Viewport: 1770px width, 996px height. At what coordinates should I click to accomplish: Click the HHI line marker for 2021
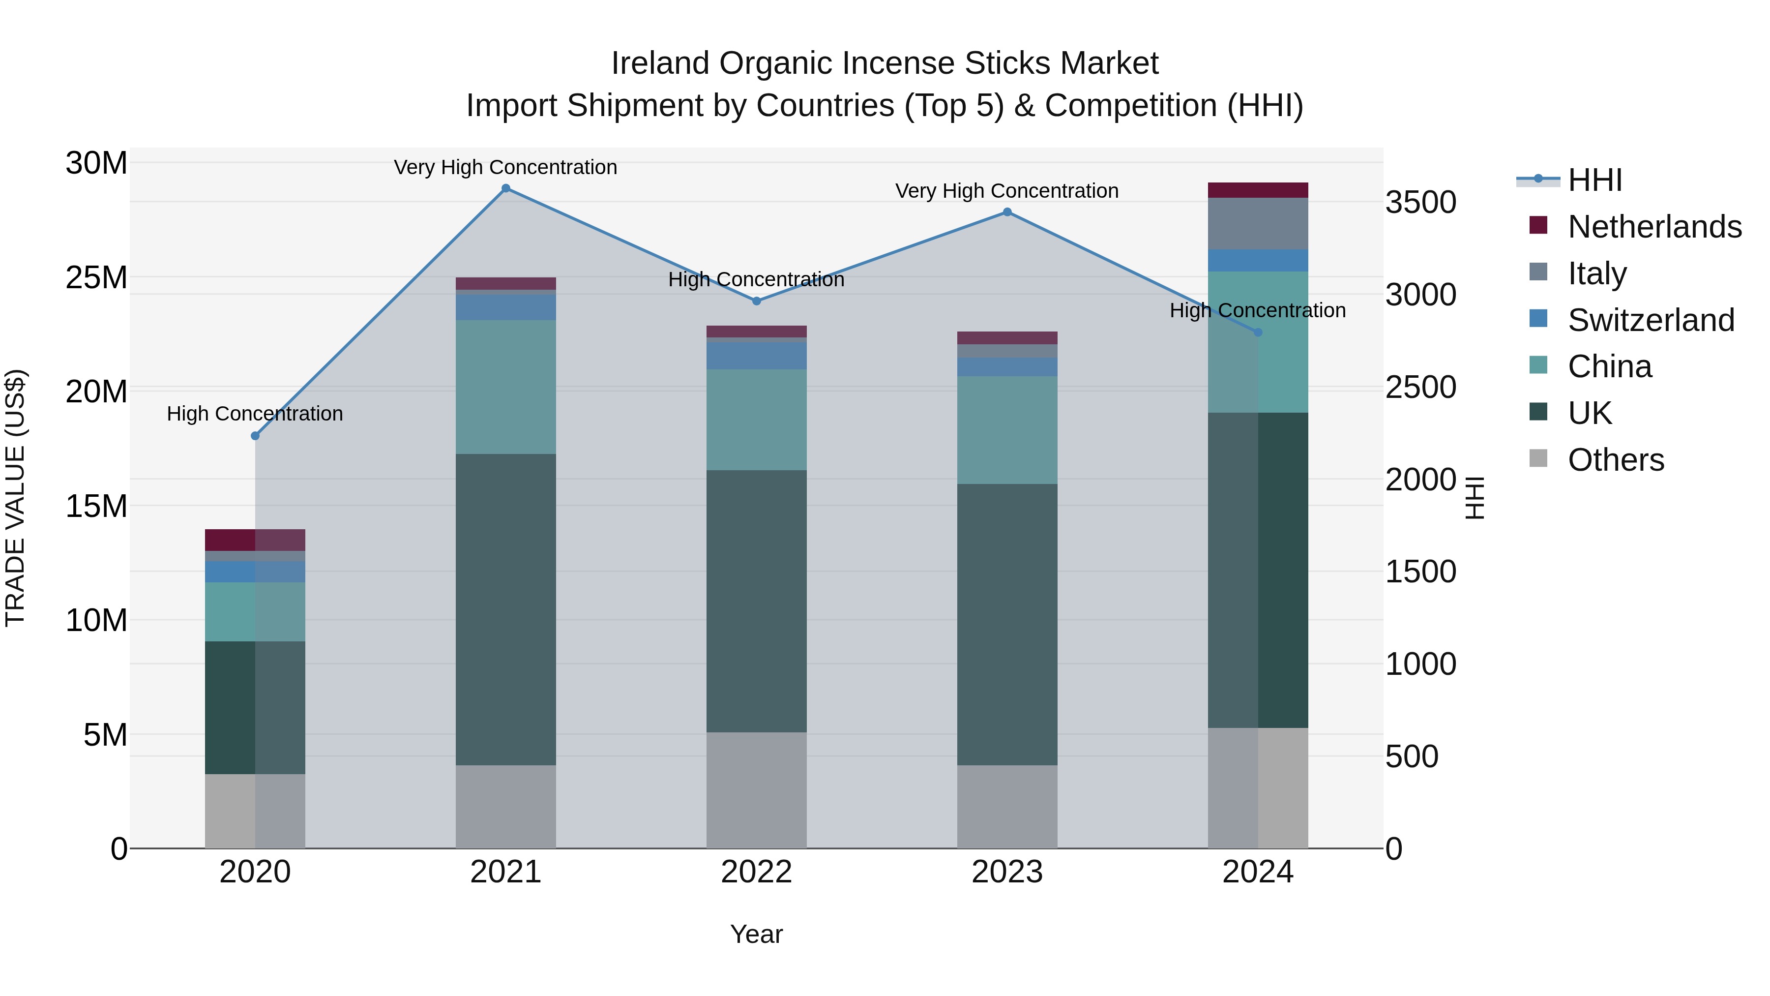[x=506, y=188]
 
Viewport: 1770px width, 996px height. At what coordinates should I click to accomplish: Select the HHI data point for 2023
[x=1007, y=212]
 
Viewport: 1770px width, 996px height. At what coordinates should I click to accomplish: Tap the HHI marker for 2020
[x=255, y=436]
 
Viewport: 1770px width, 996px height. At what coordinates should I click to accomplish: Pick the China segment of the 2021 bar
[x=506, y=387]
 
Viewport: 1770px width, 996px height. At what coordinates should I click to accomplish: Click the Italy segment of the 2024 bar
[x=1258, y=223]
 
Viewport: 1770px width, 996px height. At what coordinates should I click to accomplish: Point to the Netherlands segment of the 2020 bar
[x=255, y=540]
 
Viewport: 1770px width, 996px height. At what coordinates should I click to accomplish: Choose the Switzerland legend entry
[x=1651, y=320]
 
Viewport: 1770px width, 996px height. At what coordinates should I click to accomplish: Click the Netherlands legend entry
[x=1654, y=227]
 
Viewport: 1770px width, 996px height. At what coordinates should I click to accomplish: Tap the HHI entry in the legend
[x=1594, y=180]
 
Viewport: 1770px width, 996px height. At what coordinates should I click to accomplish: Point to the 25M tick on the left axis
[x=96, y=278]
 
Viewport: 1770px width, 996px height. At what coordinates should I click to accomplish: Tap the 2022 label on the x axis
[x=757, y=872]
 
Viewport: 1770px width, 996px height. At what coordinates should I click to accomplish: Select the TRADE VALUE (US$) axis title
[x=15, y=498]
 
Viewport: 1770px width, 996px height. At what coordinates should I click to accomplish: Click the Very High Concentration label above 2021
[x=506, y=167]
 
